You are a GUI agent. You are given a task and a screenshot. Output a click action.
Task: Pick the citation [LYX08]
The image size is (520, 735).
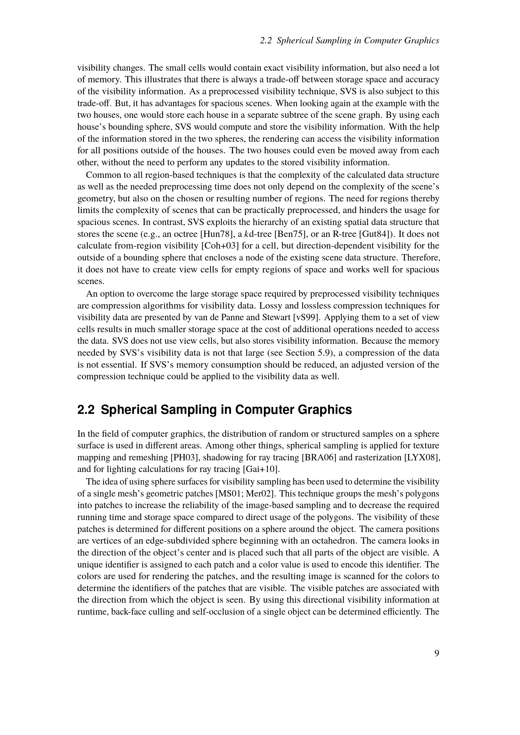(x=422, y=458)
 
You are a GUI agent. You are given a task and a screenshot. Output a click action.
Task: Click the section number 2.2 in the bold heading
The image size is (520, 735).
(x=86, y=410)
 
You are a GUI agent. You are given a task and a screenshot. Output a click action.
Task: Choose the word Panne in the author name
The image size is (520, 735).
(x=231, y=317)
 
